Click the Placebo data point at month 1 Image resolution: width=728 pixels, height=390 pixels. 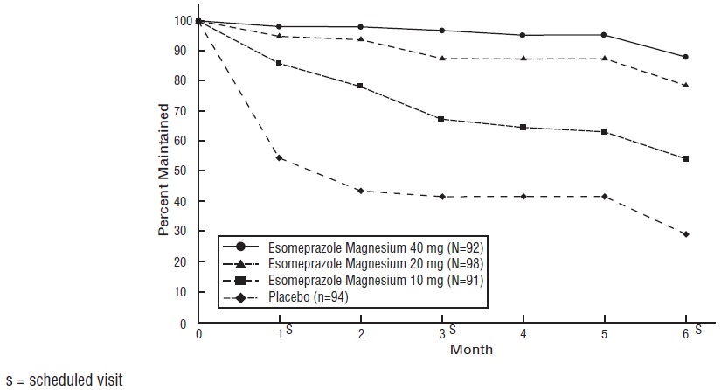point(279,157)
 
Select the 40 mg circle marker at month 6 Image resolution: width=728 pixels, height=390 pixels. point(685,57)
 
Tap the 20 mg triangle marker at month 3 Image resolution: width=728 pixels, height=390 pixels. point(441,59)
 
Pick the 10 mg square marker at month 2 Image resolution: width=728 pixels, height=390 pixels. point(360,86)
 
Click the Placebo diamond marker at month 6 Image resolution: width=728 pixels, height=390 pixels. point(685,234)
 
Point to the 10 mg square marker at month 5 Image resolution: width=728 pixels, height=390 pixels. point(604,132)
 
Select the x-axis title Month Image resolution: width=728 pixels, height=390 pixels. point(471,350)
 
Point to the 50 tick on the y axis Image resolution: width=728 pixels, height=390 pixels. point(181,171)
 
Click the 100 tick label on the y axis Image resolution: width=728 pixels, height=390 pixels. point(178,20)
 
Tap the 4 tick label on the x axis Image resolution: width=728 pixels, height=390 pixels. point(523,335)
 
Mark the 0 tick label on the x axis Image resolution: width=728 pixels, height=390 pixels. point(198,335)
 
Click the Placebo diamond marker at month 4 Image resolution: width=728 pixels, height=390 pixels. point(523,197)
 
